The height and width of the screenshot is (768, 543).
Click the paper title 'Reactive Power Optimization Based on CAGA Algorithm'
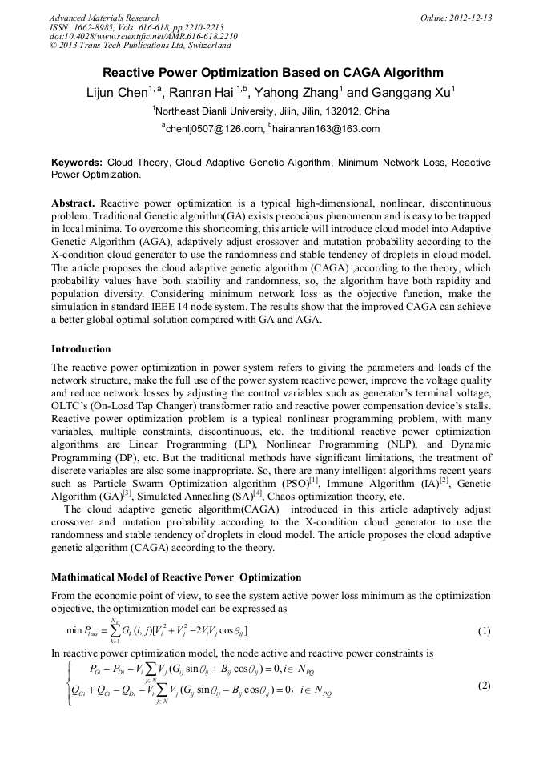pos(271,71)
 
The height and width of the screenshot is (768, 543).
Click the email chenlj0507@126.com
pos(215,128)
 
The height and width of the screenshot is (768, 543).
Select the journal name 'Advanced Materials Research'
pos(104,18)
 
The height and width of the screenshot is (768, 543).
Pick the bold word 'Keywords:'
pos(77,163)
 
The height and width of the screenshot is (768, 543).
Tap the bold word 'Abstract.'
pos(73,204)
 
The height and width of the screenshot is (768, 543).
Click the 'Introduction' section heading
pos(81,349)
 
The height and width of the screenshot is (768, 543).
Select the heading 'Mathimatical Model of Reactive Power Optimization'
pos(176,577)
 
